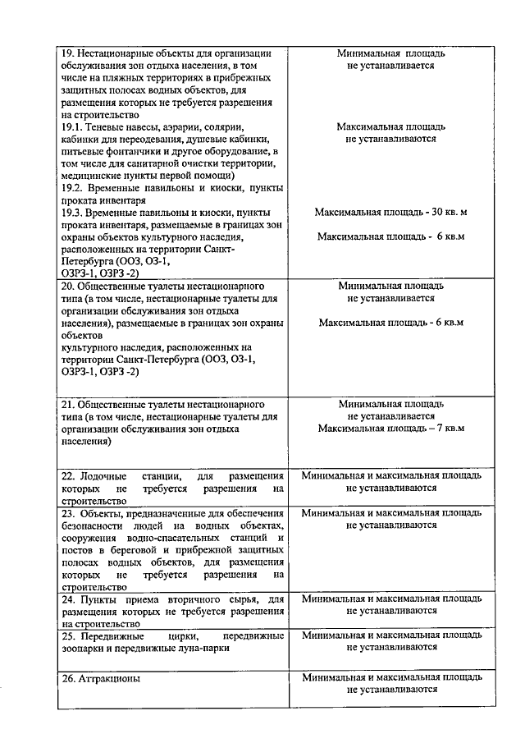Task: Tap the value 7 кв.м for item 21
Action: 445,428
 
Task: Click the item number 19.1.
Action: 74,127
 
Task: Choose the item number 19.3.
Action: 74,212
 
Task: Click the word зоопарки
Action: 86,648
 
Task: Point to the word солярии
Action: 224,127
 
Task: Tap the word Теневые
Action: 110,127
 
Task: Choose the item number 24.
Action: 69,599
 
